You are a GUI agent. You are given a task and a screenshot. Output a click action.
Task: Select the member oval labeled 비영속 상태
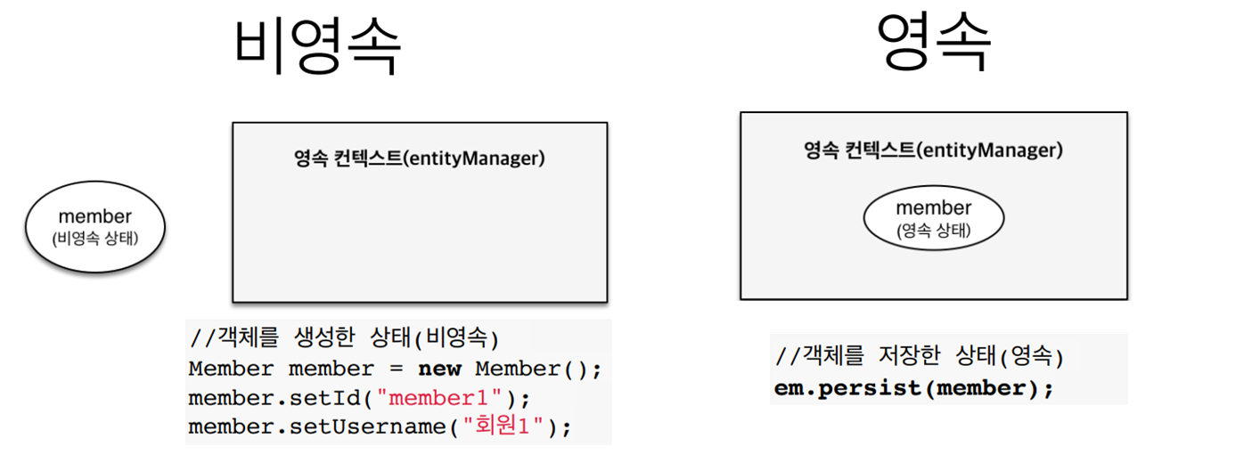click(94, 226)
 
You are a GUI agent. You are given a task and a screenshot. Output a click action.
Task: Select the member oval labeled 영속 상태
click(933, 218)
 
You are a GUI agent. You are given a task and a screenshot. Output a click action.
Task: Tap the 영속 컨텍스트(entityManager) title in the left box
click(420, 159)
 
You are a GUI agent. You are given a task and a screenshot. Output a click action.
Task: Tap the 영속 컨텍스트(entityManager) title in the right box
click(933, 150)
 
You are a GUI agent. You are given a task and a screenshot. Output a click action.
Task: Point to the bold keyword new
click(440, 368)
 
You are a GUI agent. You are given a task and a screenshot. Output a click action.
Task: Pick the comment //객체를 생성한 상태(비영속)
click(344, 338)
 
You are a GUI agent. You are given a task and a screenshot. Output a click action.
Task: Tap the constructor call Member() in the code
click(525, 368)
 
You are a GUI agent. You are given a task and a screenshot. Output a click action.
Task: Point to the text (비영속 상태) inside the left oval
click(94, 239)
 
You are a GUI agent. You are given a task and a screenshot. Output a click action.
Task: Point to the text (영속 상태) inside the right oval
click(933, 230)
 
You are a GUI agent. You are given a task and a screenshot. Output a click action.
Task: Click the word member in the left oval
click(94, 216)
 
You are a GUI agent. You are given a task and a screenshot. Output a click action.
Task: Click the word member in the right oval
click(933, 207)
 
